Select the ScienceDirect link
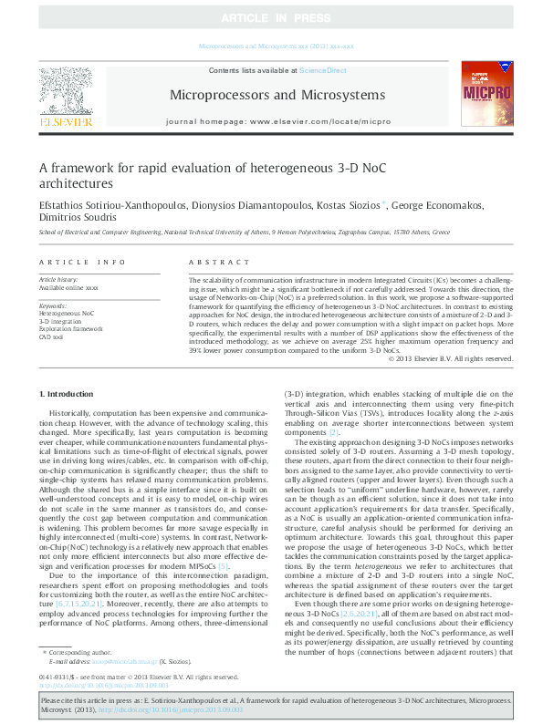[x=324, y=70]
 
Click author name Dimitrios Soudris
[x=76, y=218]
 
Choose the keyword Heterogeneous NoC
[x=67, y=313]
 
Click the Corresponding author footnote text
[x=75, y=653]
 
